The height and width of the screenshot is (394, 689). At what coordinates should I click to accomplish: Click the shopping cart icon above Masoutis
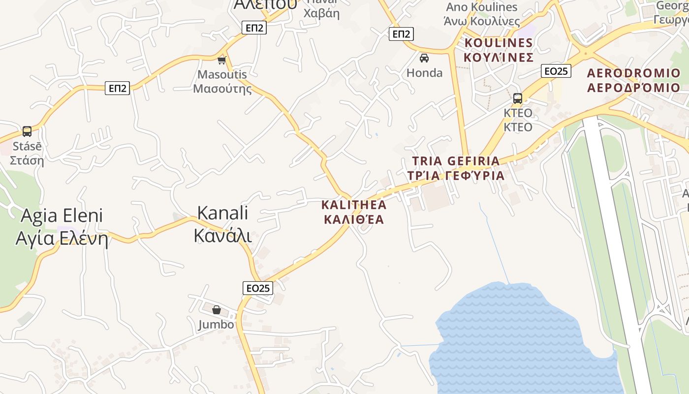pos(222,60)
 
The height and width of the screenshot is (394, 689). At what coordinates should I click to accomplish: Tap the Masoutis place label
pos(222,81)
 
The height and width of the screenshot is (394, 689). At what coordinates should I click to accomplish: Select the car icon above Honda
pos(424,58)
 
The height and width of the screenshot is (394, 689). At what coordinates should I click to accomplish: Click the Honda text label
pos(424,73)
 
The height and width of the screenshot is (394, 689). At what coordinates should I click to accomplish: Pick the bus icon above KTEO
pos(517,98)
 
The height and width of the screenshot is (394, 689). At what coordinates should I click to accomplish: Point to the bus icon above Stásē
pos(27,131)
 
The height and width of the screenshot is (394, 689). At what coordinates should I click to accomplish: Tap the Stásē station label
pos(27,153)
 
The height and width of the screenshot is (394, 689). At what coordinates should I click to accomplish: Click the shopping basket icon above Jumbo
pos(216,310)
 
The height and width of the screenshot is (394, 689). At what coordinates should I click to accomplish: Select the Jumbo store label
pos(216,325)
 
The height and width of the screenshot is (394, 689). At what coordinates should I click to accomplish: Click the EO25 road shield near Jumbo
pos(258,288)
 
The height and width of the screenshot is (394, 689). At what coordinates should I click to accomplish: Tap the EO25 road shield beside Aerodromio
pos(556,71)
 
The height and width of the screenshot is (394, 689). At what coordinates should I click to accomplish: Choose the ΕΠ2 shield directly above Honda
pos(402,34)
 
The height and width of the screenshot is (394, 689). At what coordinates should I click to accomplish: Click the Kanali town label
pos(222,224)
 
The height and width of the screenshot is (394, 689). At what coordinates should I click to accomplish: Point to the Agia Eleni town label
pos(62,227)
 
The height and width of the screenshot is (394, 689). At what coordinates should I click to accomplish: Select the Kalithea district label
pos(354,212)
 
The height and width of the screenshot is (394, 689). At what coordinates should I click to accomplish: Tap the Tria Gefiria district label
pos(456,168)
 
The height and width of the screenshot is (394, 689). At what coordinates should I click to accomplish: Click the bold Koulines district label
pos(499,50)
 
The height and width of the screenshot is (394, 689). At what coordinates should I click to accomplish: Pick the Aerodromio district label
pos(634,80)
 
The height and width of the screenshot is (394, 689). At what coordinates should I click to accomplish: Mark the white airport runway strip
pos(615,246)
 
